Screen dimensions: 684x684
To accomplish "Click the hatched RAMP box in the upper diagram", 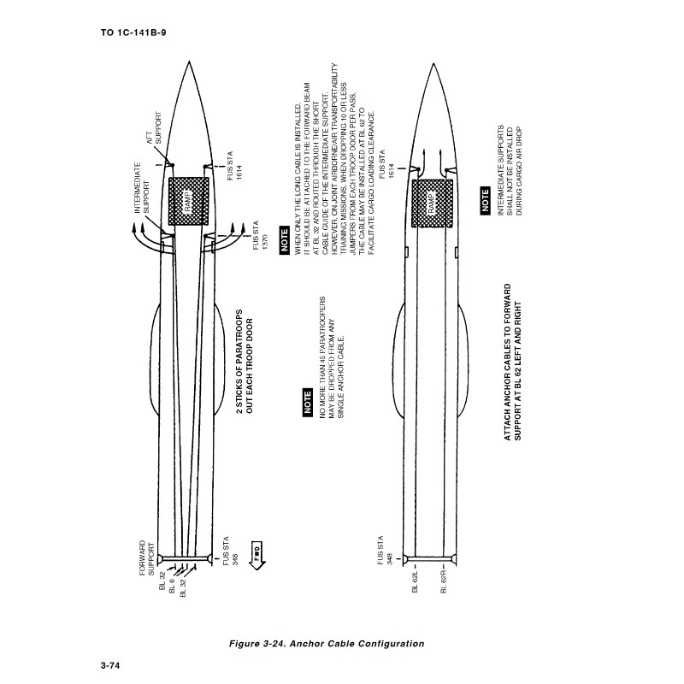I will coord(188,201).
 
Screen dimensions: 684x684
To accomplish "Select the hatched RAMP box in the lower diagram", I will coord(432,203).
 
